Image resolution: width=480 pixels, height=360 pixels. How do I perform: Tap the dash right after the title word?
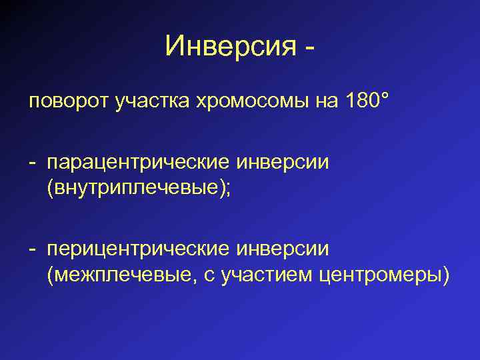(309, 48)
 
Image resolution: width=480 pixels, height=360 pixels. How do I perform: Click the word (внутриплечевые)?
(135, 189)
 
